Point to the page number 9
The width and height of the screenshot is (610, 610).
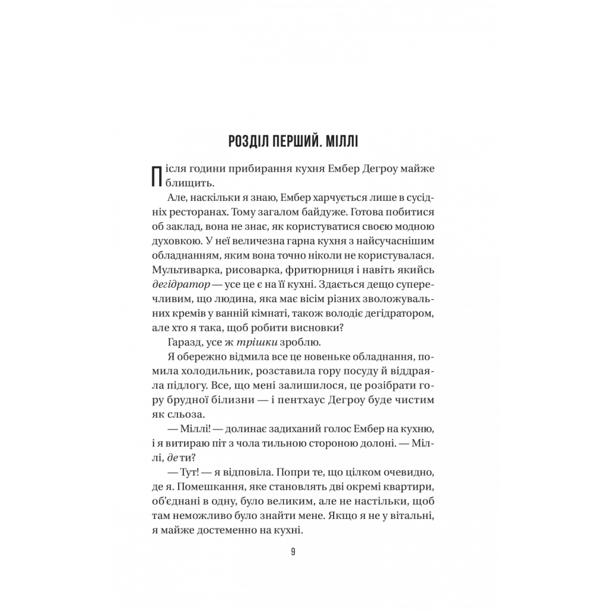point(293,551)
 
